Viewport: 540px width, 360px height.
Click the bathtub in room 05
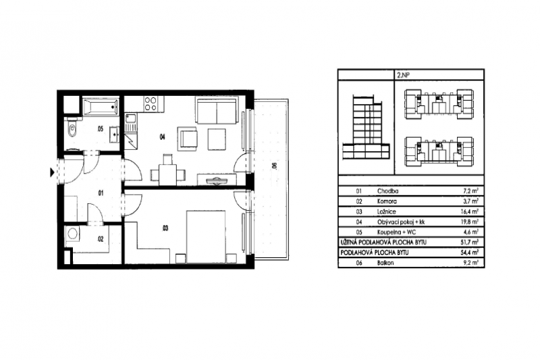101,106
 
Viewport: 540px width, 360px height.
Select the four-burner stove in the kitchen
150,103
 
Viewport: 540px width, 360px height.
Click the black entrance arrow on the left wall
52,173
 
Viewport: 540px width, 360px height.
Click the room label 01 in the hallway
101,194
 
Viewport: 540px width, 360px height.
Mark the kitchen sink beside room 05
131,122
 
